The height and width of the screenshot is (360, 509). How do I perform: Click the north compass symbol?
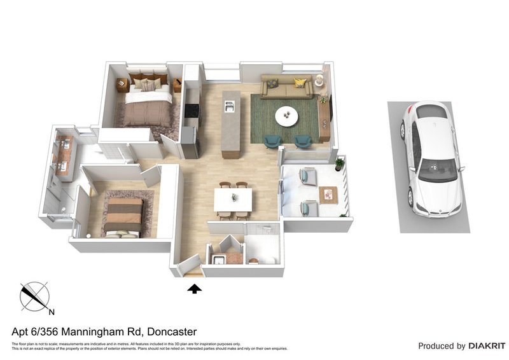(35, 296)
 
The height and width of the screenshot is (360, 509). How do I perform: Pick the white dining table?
(233, 200)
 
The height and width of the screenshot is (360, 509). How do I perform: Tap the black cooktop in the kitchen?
(190, 111)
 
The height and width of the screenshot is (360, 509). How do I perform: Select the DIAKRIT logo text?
(487, 346)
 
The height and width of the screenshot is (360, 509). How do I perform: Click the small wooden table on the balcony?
(329, 193)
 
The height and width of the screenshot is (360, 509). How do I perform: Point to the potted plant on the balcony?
(339, 164)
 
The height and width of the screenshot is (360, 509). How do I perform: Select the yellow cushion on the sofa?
(299, 82)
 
